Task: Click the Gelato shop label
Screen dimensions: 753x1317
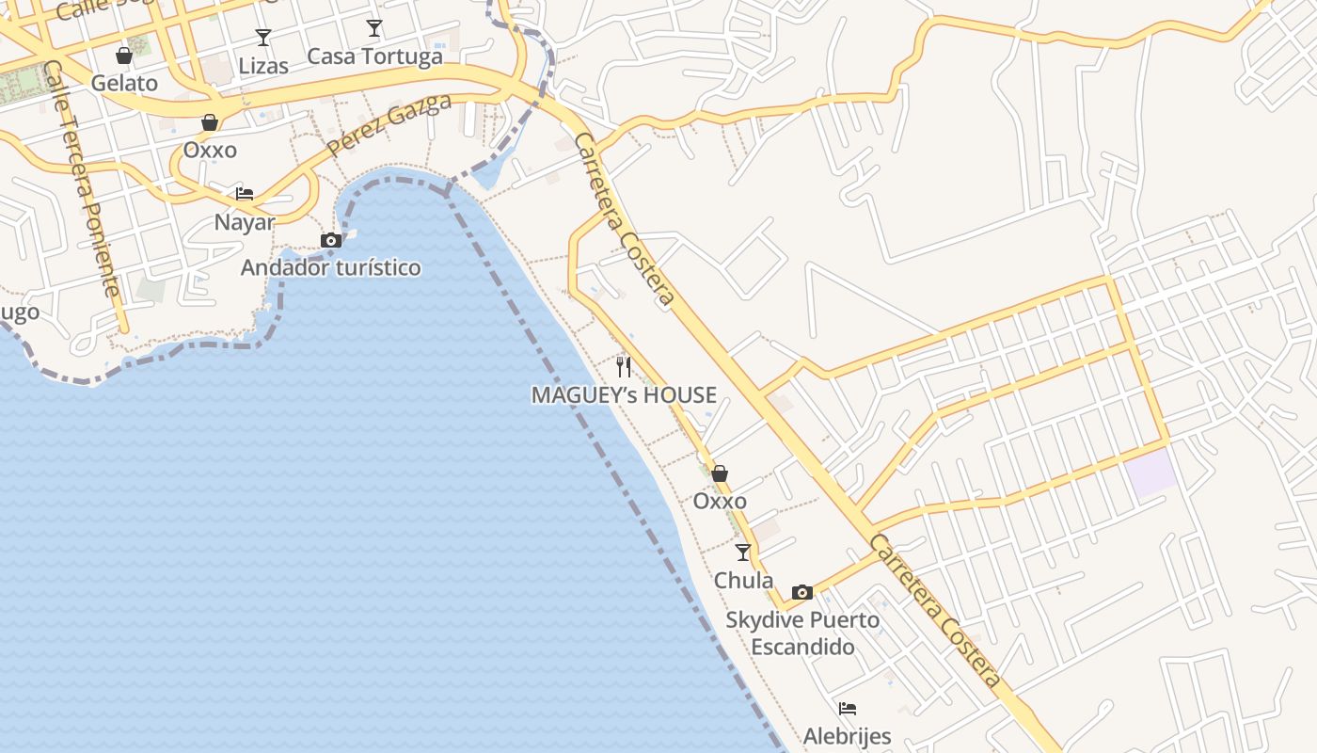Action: click(x=124, y=83)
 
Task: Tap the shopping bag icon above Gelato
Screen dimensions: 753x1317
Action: click(x=124, y=56)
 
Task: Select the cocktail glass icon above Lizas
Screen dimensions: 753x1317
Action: click(x=263, y=38)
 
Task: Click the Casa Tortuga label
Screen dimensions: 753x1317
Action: click(x=374, y=56)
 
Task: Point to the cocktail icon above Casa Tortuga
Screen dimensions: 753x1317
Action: click(x=374, y=28)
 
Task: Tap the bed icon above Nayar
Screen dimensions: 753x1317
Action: click(x=245, y=194)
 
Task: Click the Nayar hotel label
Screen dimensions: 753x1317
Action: click(x=245, y=222)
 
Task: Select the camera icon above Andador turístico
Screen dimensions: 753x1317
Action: click(x=331, y=241)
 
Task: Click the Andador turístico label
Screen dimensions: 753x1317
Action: click(x=331, y=267)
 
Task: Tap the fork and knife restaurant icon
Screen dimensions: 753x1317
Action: click(x=624, y=366)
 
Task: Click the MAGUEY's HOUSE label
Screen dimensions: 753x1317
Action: click(x=624, y=395)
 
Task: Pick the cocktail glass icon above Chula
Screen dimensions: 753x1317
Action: click(x=743, y=553)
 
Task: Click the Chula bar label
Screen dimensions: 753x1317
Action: click(x=743, y=580)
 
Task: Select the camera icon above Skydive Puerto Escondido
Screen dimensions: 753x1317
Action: click(x=802, y=592)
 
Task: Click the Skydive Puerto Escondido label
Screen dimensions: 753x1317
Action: click(x=802, y=633)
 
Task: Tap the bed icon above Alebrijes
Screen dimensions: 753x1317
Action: click(x=848, y=709)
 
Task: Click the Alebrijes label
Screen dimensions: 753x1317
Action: click(x=847, y=735)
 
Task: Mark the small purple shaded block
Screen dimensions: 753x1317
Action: click(x=1152, y=473)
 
